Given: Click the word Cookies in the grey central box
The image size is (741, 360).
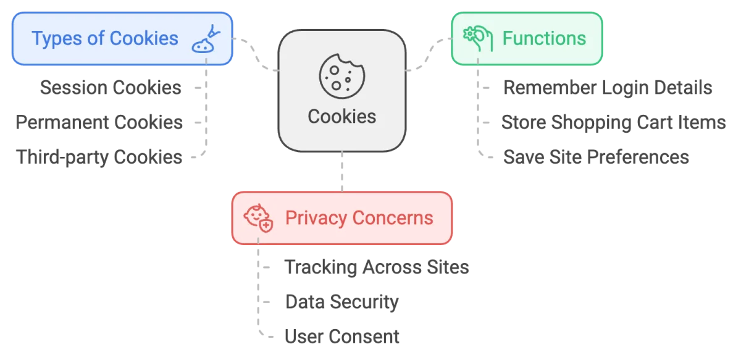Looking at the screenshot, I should click(x=341, y=116).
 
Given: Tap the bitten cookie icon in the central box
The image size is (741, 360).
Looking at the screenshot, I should click(x=341, y=75).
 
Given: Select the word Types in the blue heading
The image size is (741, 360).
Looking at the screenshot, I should click(x=57, y=38).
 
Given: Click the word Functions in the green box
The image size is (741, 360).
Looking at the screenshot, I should click(x=543, y=38).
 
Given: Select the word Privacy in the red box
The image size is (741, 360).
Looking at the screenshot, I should click(x=316, y=218).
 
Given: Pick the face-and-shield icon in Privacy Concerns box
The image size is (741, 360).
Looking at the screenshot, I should click(x=258, y=218).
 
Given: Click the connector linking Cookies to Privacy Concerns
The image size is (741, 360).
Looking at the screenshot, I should click(x=341, y=172).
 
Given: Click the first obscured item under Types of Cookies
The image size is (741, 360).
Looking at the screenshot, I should click(x=111, y=89).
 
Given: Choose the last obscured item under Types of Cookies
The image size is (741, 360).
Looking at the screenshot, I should click(x=101, y=158).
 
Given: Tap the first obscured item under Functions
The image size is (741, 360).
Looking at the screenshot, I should click(x=609, y=90).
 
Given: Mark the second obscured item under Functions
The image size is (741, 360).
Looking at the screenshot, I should click(x=611, y=123).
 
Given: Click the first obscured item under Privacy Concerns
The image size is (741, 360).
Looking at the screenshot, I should click(x=375, y=268).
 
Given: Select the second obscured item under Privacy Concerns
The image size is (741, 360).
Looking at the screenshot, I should click(x=343, y=302).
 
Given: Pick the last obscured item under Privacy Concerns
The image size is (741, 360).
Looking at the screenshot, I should click(x=340, y=336).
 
